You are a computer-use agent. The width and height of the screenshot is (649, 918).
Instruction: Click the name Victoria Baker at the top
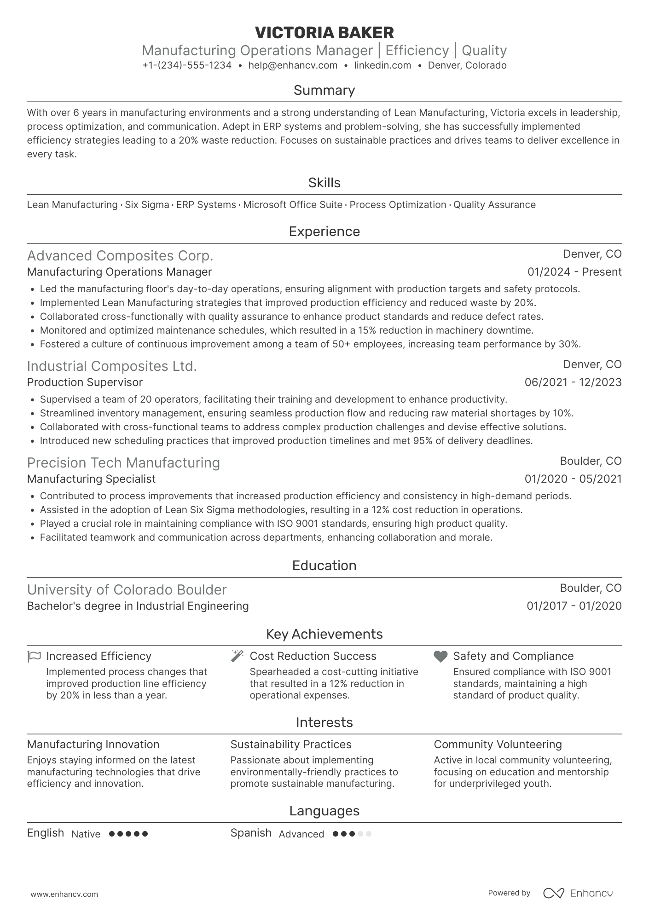324,33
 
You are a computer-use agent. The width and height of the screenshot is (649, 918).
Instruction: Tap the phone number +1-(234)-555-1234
187,65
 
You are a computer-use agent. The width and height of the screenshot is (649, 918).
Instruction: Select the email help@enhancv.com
293,65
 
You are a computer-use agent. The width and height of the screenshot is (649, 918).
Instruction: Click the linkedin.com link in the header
382,65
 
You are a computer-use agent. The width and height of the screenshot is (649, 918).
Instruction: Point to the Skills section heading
324,183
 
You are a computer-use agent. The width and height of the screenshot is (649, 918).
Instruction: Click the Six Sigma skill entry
147,205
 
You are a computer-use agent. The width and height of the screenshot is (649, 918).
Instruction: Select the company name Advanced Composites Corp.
120,255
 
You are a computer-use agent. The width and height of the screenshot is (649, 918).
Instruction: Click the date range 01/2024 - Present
574,272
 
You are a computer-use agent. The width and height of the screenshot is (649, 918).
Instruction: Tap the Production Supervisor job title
85,382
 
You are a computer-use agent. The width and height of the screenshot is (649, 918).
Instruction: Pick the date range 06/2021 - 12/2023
573,382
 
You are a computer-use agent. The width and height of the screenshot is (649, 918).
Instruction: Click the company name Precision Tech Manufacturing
123,462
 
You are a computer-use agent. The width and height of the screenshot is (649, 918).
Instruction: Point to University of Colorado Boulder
127,590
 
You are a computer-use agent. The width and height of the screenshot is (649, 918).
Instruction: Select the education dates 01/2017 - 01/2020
574,606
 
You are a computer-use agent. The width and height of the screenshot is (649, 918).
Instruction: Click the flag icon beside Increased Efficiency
35,656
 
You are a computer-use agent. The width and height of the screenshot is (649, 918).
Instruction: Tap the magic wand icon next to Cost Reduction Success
237,656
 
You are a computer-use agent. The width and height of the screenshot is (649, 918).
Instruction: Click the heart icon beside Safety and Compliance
440,656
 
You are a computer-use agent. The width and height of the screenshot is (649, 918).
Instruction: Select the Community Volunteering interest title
498,745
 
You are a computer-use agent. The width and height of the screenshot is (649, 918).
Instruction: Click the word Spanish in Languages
251,833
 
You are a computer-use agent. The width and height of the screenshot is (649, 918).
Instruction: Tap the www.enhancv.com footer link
64,894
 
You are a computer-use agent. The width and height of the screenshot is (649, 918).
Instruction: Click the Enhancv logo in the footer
578,893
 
